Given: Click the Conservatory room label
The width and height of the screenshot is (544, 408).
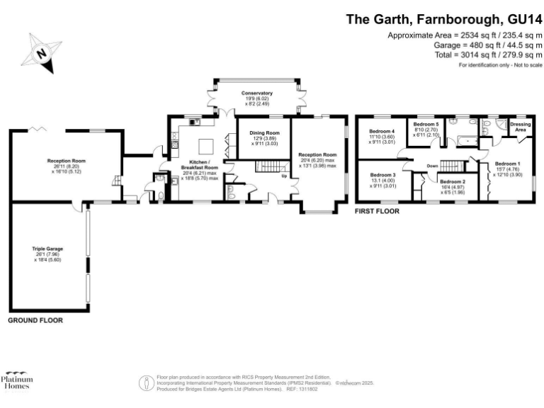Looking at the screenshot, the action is [x=256, y=93].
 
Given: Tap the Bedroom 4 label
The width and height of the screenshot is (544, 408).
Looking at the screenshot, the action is [x=382, y=131].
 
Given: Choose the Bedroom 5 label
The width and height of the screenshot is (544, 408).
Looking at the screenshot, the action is [x=426, y=125].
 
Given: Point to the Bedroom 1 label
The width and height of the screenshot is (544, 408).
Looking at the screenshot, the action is [x=507, y=164].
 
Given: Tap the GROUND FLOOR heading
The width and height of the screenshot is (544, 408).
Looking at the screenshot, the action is [x=35, y=321].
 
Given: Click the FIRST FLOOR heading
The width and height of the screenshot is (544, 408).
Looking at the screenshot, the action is [x=378, y=211].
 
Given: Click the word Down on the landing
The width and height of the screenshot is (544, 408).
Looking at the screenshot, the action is [x=433, y=166].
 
